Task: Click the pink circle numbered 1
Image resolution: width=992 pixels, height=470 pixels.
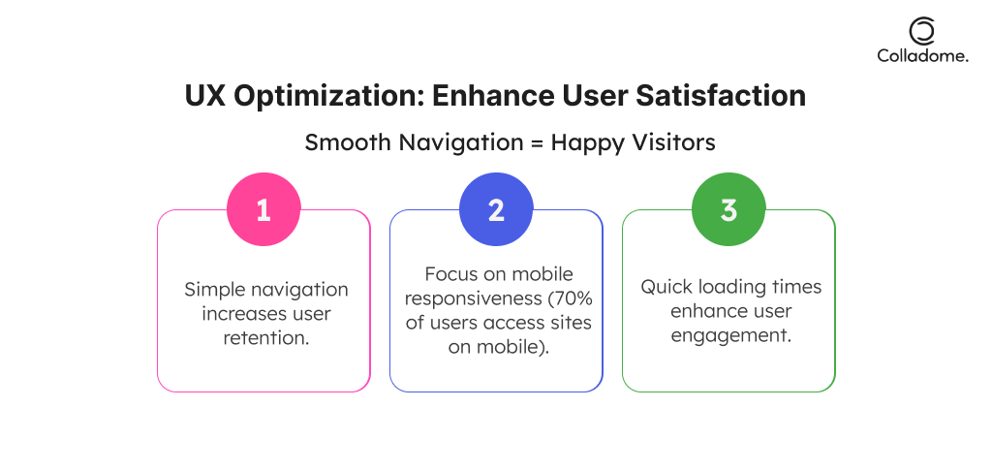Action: [x=263, y=209]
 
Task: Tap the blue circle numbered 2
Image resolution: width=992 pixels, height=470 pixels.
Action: [x=496, y=209]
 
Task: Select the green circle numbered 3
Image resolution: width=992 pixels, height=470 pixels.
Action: [x=728, y=209]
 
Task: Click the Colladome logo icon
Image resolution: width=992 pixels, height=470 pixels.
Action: [x=922, y=31]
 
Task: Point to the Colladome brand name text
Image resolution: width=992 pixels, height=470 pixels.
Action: [x=922, y=55]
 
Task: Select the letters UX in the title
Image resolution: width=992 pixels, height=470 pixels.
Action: [x=205, y=96]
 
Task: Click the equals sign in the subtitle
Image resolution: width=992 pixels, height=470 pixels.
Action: [x=536, y=143]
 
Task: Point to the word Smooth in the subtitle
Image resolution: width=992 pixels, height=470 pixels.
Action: [x=348, y=142]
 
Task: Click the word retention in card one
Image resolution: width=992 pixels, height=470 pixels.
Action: [x=265, y=337]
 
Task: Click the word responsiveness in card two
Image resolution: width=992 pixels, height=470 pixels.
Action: [x=473, y=299]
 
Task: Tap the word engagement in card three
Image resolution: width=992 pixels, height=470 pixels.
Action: [x=730, y=336]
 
